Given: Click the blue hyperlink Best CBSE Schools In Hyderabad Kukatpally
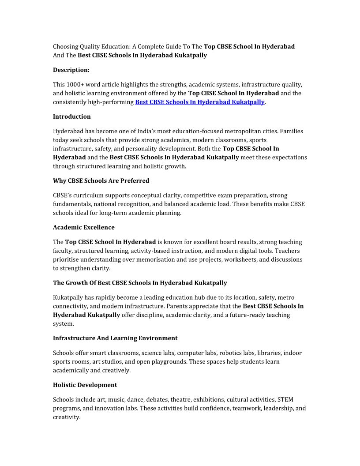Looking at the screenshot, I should point(199,102).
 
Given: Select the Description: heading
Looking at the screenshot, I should point(71,70).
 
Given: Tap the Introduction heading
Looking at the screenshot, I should point(72,116).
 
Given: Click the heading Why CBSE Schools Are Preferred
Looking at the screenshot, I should point(101,180).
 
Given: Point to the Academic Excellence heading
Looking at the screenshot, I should point(83,227).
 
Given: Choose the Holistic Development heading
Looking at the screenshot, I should point(85,385).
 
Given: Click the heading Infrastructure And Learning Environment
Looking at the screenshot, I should point(115,338).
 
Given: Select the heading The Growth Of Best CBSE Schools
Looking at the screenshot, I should point(140,282).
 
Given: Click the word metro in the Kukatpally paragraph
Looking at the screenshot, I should point(286,297).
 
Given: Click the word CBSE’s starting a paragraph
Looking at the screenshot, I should point(62,195).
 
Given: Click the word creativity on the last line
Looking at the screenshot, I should point(67,417).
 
